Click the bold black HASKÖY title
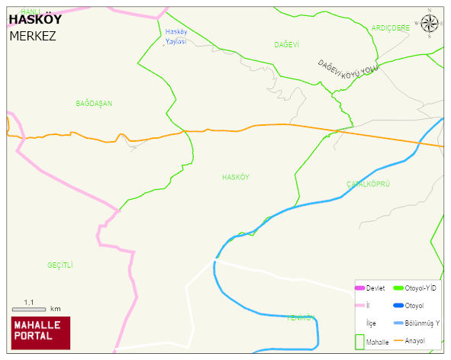point(34,20)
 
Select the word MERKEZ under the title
point(33,36)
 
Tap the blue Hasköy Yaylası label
point(176,37)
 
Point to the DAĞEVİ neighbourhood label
point(287,45)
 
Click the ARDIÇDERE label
point(391,27)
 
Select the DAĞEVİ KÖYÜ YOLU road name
point(348,67)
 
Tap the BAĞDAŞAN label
point(94,103)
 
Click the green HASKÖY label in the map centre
point(235,177)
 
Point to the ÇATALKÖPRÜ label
point(369,185)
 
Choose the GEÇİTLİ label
point(60,265)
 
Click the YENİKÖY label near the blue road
point(301,317)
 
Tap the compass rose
point(430,24)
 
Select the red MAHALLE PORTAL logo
point(40,332)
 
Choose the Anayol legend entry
point(416,340)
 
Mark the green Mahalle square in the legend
point(360,341)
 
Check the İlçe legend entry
point(372,323)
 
